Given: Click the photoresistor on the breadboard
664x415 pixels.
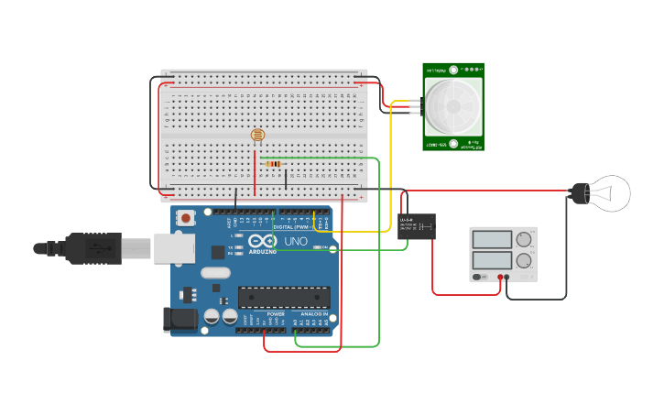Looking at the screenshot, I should pyautogui.click(x=257, y=136).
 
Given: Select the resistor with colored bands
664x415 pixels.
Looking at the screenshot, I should pyautogui.click(x=273, y=165).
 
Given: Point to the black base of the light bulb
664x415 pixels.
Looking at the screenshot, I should pyautogui.click(x=579, y=192).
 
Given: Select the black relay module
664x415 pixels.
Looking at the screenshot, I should pyautogui.click(x=416, y=226).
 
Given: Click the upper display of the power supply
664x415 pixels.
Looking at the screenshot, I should pyautogui.click(x=492, y=240).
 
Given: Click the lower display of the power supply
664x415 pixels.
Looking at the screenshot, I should pyautogui.click(x=492, y=260).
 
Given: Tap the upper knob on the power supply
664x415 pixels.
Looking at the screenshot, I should pyautogui.click(x=524, y=240).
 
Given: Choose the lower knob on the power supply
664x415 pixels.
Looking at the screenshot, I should pyautogui.click(x=524, y=260).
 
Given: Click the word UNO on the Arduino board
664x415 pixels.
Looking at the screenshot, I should pyautogui.click(x=296, y=242).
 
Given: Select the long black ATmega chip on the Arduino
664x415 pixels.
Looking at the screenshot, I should pyautogui.click(x=283, y=297).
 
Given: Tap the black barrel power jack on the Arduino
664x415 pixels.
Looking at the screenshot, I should pyautogui.click(x=180, y=319).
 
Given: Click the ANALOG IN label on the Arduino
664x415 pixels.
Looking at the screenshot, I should pyautogui.click(x=314, y=314).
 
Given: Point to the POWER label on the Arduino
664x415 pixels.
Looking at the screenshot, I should pyautogui.click(x=276, y=314).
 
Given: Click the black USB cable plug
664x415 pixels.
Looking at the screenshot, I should pyautogui.click(x=92, y=247).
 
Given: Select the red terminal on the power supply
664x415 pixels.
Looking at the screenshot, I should pyautogui.click(x=501, y=277).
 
